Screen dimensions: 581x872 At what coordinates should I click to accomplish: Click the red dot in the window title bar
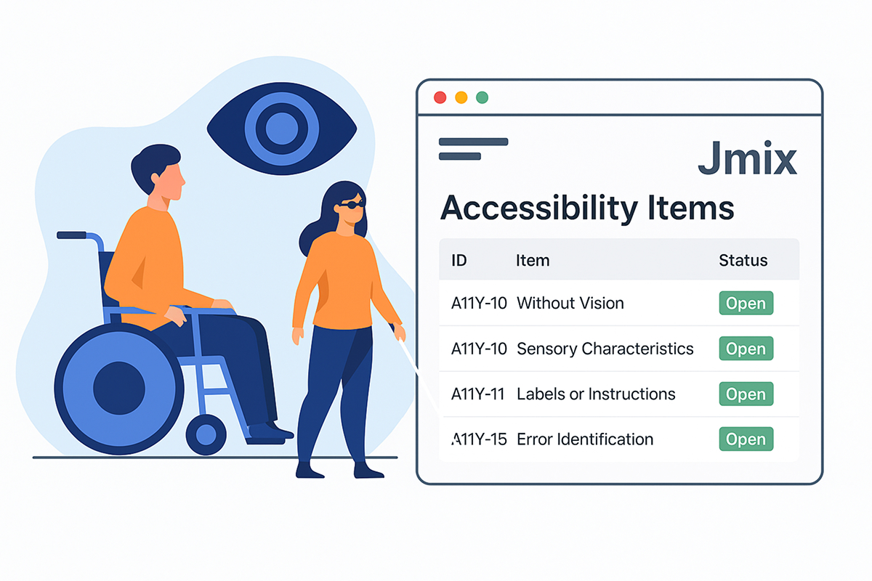[439, 97]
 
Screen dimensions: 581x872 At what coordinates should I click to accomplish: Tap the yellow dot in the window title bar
[461, 97]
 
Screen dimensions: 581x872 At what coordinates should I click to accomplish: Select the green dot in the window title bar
[482, 97]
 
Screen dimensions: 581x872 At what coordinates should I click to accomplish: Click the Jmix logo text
[747, 160]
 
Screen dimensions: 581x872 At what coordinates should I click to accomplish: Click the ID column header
[459, 260]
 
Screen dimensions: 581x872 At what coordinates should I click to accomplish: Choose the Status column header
[743, 260]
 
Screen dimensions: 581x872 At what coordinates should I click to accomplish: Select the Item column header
[533, 260]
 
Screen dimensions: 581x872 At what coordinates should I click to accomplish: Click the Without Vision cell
[570, 304]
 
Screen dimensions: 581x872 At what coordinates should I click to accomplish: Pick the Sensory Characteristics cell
[605, 349]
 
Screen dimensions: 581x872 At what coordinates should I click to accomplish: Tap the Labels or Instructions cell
[596, 394]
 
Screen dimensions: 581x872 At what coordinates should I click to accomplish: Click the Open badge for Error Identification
[746, 439]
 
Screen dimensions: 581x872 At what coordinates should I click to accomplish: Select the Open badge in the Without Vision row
[746, 304]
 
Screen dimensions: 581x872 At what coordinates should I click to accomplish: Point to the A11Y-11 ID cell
[478, 394]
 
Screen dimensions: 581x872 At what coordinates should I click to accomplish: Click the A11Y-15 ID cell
[478, 439]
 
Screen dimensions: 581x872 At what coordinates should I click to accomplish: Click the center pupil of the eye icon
[281, 130]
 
